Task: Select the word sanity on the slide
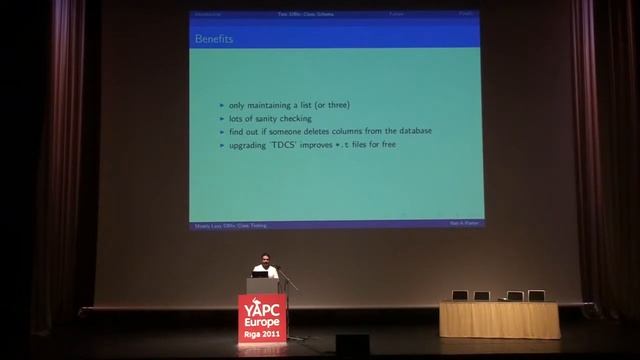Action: [x=262, y=119]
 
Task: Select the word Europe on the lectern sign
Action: [x=262, y=324]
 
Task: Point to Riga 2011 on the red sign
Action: [x=262, y=336]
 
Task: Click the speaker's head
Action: [x=264, y=259]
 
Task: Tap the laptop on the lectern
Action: [x=259, y=273]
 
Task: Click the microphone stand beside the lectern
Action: [x=291, y=300]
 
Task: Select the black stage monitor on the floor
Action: [x=352, y=343]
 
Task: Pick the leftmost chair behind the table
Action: [x=460, y=295]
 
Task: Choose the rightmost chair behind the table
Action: [x=537, y=295]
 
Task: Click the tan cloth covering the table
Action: [x=500, y=320]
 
